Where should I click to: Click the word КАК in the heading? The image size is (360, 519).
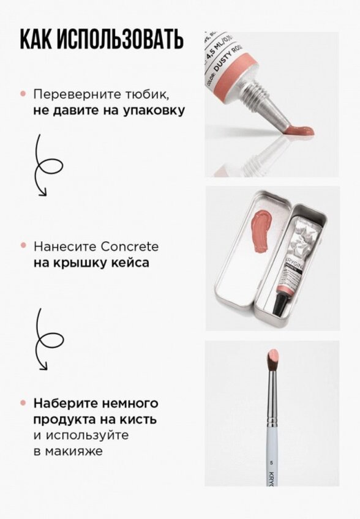pyautogui.click(x=37, y=39)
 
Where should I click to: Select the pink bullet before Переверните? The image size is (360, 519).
pyautogui.click(x=23, y=95)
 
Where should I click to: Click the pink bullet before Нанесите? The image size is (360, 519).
pyautogui.click(x=23, y=246)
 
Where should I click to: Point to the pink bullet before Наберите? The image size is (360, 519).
pyautogui.click(x=23, y=403)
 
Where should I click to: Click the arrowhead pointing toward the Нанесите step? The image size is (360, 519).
pyautogui.click(x=42, y=193)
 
